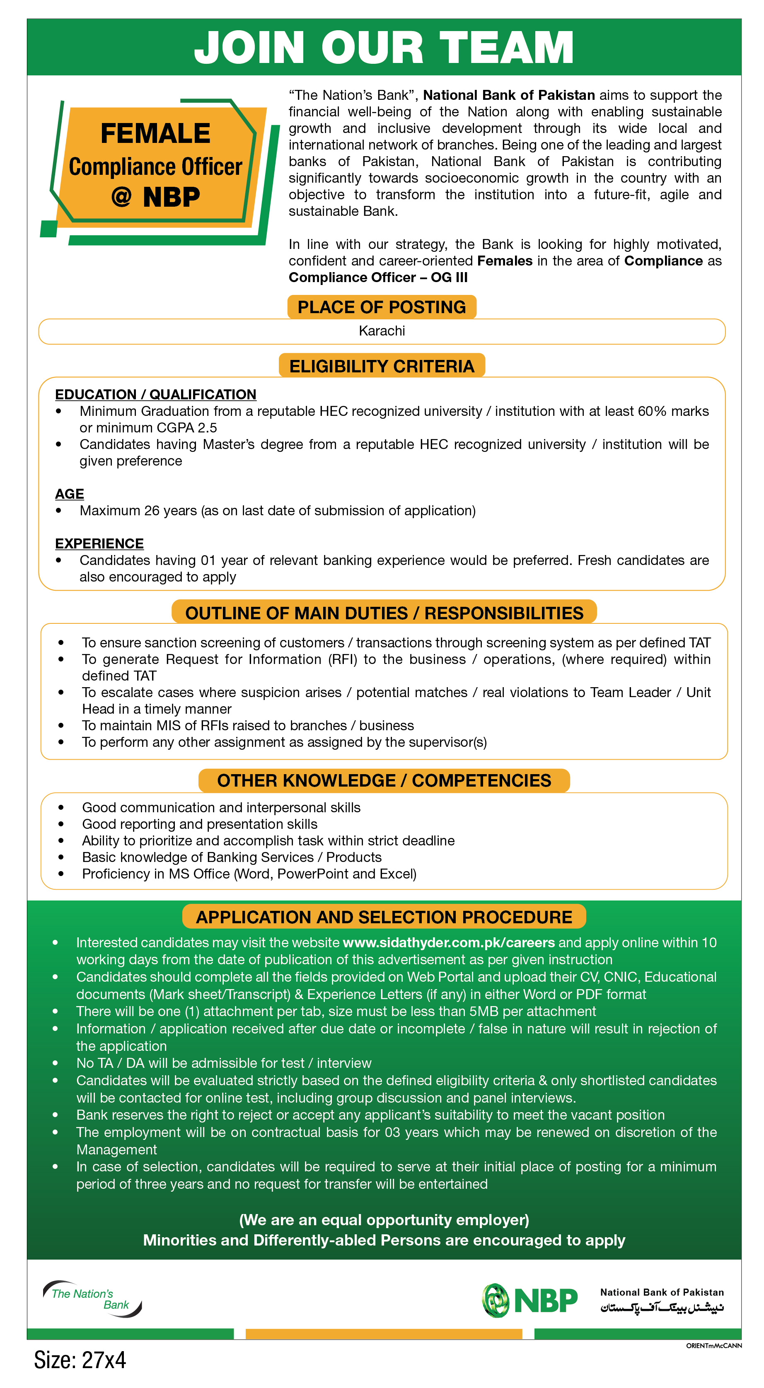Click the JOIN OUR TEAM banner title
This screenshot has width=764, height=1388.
click(384, 47)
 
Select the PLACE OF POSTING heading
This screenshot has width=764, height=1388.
click(382, 307)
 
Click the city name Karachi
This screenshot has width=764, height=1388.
click(382, 331)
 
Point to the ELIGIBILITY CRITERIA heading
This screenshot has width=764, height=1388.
click(382, 367)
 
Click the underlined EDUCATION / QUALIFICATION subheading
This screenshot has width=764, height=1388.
click(155, 394)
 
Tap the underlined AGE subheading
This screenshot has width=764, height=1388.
click(70, 494)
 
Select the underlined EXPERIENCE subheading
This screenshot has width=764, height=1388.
click(99, 544)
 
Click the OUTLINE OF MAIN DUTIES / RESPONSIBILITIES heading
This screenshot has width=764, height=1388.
click(384, 613)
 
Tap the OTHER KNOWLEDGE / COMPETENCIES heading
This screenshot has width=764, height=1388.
click(384, 781)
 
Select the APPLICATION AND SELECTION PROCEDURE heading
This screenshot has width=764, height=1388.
click(384, 917)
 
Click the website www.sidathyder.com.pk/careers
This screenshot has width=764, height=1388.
click(448, 942)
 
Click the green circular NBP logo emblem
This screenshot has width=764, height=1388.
click(495, 1300)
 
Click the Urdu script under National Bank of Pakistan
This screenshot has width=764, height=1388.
click(662, 1308)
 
